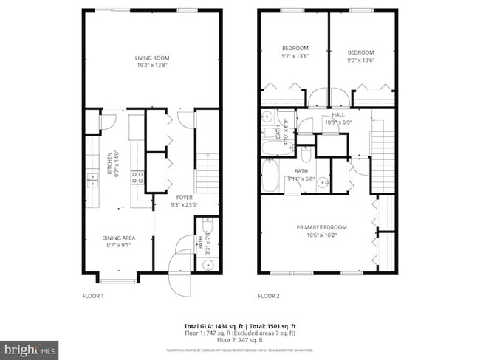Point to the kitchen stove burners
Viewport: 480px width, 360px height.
tap(137, 177)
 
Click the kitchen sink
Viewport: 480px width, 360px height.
tap(92, 180)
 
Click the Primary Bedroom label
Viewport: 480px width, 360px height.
tap(321, 231)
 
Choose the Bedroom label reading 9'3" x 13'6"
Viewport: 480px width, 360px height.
tap(360, 56)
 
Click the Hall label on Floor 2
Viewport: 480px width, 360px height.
tap(338, 119)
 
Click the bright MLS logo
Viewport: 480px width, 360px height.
tap(30, 347)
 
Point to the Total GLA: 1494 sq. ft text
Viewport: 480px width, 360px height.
tap(211, 325)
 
